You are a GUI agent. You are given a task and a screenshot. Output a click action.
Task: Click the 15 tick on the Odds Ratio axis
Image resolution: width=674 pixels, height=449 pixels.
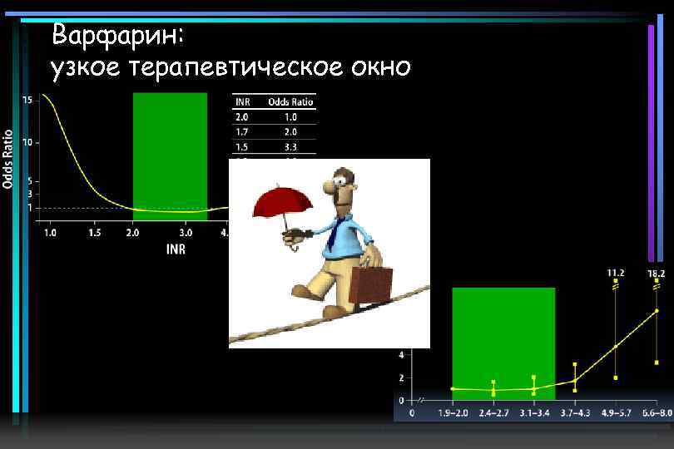27,100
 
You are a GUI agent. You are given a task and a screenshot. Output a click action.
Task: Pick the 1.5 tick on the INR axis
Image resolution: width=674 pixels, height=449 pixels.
94,233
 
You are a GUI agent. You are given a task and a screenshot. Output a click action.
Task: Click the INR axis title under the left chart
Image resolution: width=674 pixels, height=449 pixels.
176,249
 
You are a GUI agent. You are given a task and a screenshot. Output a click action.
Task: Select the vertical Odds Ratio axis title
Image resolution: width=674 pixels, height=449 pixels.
8,158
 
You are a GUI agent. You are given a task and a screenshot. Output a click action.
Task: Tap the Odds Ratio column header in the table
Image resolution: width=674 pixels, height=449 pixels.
290,101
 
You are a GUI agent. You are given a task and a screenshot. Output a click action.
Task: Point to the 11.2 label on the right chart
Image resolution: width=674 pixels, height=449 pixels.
615,272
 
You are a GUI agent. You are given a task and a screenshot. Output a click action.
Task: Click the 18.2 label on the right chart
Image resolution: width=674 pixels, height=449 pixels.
656,272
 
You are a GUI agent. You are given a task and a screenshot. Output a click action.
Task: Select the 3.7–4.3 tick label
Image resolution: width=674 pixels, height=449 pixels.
574,413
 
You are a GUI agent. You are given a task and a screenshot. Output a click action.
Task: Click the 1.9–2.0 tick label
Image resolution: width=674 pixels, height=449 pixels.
453,413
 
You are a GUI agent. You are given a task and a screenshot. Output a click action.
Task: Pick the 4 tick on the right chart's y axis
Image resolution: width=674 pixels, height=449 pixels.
401,354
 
